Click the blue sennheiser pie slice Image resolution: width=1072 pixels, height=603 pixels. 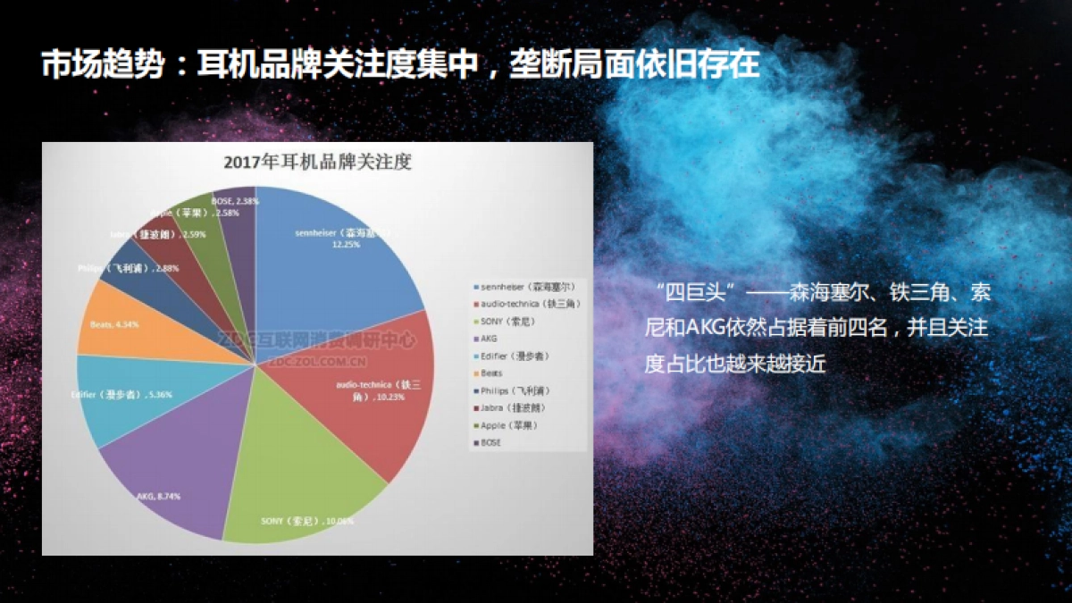(339, 268)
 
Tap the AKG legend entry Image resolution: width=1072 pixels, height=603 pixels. (489, 339)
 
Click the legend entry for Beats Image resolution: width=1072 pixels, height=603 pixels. (492, 373)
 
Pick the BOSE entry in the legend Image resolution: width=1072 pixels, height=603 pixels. (491, 442)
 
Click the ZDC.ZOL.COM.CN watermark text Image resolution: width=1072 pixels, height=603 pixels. (319, 363)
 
